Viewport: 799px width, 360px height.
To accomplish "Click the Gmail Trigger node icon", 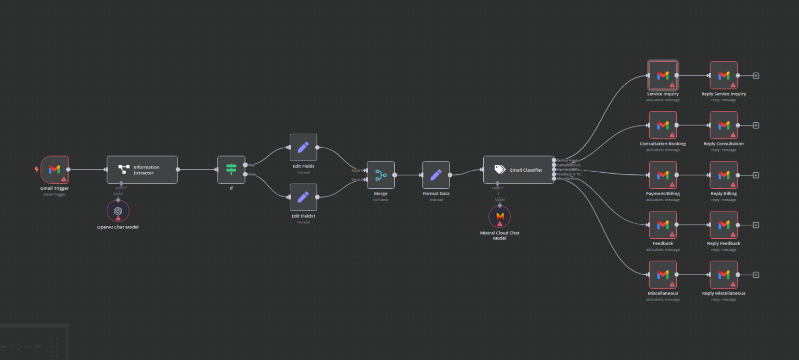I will coord(55,169).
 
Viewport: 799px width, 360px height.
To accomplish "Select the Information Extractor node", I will coord(142,170).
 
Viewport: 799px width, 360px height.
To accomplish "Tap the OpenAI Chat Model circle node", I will coord(118,211).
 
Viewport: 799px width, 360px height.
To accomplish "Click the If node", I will coord(231,170).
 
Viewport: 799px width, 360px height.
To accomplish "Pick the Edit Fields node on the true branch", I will coord(303,147).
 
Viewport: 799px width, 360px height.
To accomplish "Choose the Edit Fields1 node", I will coord(303,197).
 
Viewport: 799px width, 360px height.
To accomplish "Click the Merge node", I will coord(380,175).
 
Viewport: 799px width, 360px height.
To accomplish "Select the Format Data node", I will coord(436,175).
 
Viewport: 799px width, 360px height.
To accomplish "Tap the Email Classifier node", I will coord(519,170).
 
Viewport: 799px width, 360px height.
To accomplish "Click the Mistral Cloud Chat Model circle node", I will coord(499,216).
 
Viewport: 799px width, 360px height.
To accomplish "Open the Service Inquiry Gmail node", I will coord(663,75).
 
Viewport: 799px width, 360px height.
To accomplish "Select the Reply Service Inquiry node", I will coord(724,75).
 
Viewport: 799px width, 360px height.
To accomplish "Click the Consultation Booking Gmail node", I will coord(663,125).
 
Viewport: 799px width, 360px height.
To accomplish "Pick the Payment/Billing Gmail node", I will coord(663,175).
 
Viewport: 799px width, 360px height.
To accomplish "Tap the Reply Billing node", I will coord(724,175).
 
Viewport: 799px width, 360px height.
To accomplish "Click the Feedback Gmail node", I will coord(663,225).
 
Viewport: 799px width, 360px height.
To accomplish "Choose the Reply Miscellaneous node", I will coord(724,275).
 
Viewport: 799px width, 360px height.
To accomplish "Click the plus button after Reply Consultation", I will coord(756,125).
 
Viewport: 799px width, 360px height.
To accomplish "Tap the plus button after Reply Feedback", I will coord(756,225).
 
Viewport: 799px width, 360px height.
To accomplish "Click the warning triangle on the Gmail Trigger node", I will coord(64,179).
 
